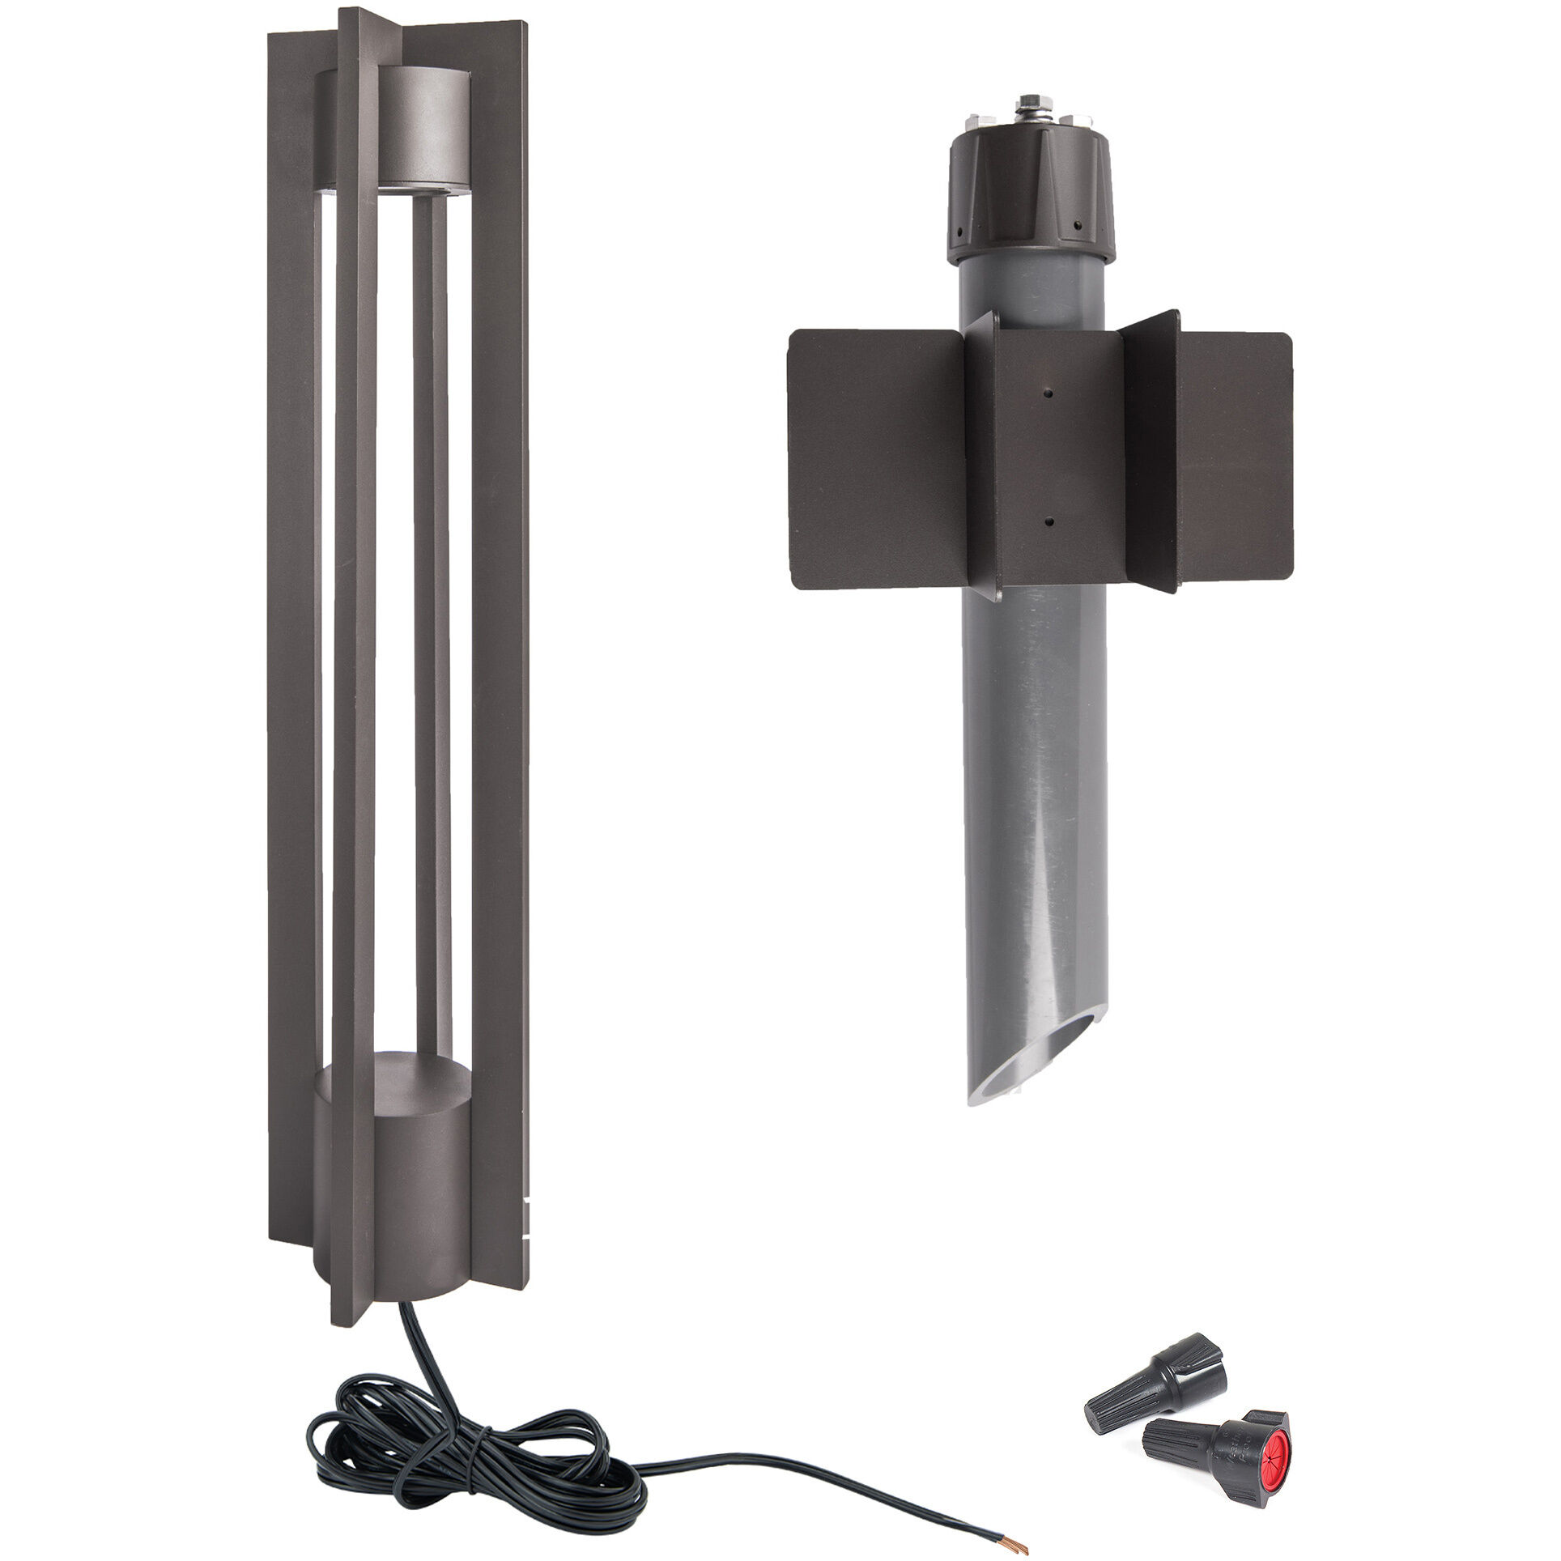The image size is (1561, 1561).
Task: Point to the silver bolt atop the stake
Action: (1028, 105)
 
